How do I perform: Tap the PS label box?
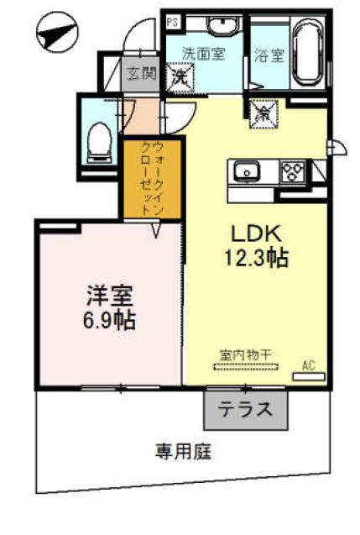(172, 22)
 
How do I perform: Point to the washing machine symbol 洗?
(180, 76)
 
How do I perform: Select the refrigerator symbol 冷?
(261, 109)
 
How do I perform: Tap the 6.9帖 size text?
(109, 320)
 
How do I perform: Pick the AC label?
(309, 364)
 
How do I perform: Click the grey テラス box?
(246, 411)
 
